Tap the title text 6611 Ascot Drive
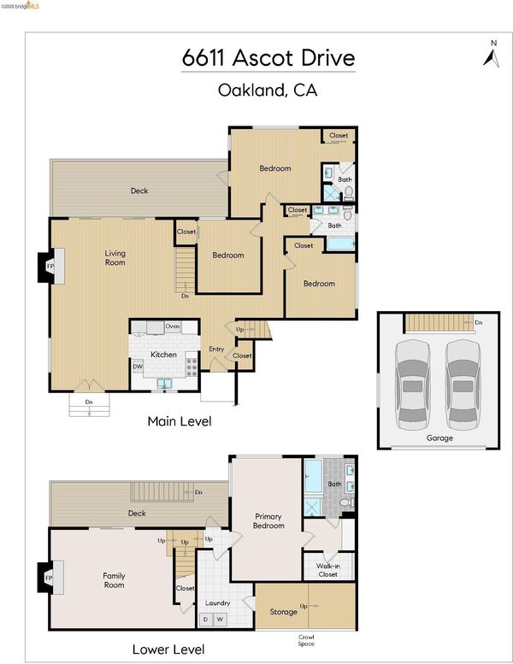[x=268, y=57]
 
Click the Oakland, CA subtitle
[x=268, y=91]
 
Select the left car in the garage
[x=413, y=385]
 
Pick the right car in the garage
[x=463, y=385]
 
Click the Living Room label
[x=115, y=257]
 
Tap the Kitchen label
[x=163, y=355]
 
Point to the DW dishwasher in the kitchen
[x=138, y=367]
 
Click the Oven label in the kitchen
[x=173, y=326]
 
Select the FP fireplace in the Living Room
[x=50, y=267]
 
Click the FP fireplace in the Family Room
[x=50, y=578]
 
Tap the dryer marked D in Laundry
[x=206, y=620]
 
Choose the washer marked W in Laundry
[x=220, y=620]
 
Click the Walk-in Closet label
[x=327, y=570]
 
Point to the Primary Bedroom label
[x=268, y=521]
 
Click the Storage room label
[x=283, y=612]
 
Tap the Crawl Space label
[x=306, y=640]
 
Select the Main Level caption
[x=180, y=421]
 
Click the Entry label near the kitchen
[x=216, y=349]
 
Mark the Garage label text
[x=439, y=438]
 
